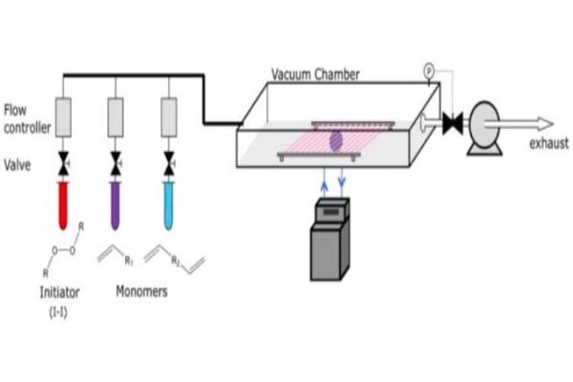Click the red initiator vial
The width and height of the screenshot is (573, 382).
[x=63, y=205]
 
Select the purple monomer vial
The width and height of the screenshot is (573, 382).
[x=116, y=205]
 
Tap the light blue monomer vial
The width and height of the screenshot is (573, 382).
[x=168, y=205]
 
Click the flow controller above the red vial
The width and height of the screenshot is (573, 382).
[x=63, y=117]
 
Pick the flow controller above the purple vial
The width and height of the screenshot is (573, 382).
[x=116, y=117]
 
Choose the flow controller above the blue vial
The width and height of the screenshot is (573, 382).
[x=169, y=117]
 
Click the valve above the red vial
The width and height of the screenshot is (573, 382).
[x=64, y=163]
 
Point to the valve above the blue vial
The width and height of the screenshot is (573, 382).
[x=169, y=163]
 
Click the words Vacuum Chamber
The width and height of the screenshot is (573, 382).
[x=315, y=74]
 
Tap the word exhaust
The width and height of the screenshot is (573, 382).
[x=549, y=143]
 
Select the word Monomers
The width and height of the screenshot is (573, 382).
[x=141, y=291]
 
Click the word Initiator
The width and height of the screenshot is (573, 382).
[x=59, y=292]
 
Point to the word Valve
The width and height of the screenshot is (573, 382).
[x=17, y=165]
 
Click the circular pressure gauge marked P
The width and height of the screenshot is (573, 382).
[x=429, y=70]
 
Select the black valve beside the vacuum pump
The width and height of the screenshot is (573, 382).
[x=453, y=123]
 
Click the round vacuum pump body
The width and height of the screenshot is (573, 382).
[x=484, y=125]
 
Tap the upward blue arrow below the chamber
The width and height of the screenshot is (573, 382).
[x=324, y=182]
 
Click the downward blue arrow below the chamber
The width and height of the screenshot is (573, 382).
[x=342, y=182]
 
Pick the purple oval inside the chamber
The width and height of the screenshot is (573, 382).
[x=336, y=140]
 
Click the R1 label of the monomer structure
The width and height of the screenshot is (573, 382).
[x=129, y=261]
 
